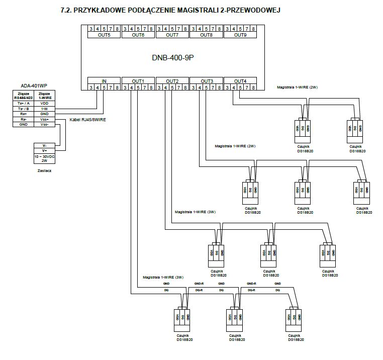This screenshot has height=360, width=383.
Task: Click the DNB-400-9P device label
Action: tap(172, 58)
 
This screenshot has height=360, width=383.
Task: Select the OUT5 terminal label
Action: tap(104, 35)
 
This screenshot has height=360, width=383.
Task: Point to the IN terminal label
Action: tap(104, 81)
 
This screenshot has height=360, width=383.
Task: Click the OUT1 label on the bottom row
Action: tap(138, 81)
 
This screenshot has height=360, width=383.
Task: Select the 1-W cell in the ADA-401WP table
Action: tap(44, 109)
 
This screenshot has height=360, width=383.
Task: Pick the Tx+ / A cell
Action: tap(23, 103)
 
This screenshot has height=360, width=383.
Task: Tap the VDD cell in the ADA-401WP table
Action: tap(44, 103)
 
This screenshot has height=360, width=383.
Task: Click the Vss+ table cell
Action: tap(44, 119)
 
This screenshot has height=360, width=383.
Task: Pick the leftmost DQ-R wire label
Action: tap(199, 290)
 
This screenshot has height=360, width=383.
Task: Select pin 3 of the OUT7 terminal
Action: tap(159, 29)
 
